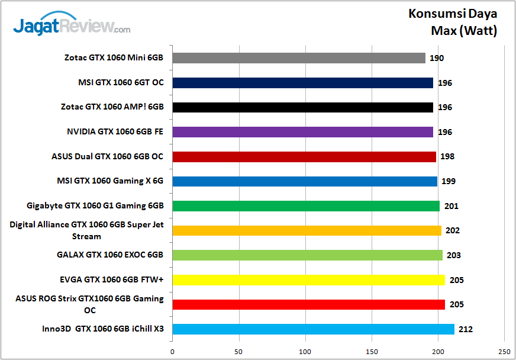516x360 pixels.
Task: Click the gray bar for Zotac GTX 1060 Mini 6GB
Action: (x=299, y=58)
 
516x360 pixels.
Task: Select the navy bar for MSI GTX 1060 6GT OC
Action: (x=302, y=83)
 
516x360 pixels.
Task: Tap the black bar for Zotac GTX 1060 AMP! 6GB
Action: (x=302, y=107)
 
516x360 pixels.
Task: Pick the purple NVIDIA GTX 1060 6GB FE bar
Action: (x=302, y=132)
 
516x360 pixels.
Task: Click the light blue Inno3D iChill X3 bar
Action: (x=313, y=329)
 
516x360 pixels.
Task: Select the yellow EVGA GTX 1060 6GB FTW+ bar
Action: (x=308, y=280)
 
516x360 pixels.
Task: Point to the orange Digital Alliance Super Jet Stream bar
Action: (x=307, y=230)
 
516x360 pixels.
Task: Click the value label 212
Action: (x=465, y=329)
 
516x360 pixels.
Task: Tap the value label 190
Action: (x=437, y=58)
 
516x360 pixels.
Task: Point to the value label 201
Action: (x=451, y=206)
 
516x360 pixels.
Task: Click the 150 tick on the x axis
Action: (x=372, y=351)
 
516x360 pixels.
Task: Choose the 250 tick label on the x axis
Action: (x=505, y=351)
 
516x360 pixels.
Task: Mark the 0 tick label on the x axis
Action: (x=172, y=351)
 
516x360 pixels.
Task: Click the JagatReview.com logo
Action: (x=72, y=26)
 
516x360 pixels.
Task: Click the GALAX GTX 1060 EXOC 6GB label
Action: (x=110, y=255)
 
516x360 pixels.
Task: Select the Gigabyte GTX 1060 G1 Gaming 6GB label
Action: (x=95, y=206)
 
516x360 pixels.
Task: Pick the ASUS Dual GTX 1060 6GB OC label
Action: (x=108, y=157)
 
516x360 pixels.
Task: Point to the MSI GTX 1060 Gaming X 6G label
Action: (x=110, y=181)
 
